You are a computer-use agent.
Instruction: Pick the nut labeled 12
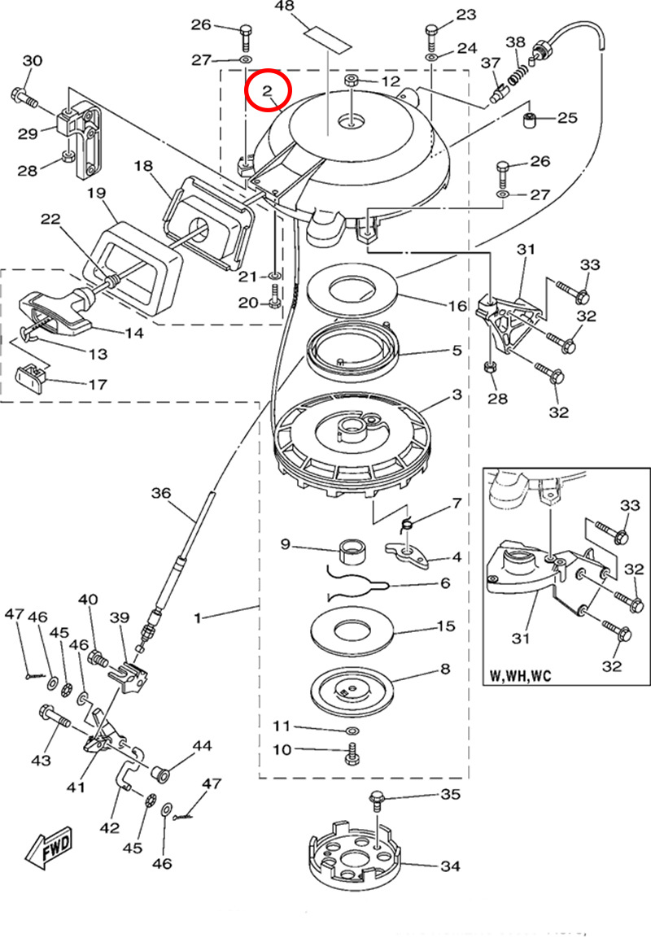point(352,81)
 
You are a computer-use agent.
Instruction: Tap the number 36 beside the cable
point(162,493)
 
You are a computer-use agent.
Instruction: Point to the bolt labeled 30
point(24,98)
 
